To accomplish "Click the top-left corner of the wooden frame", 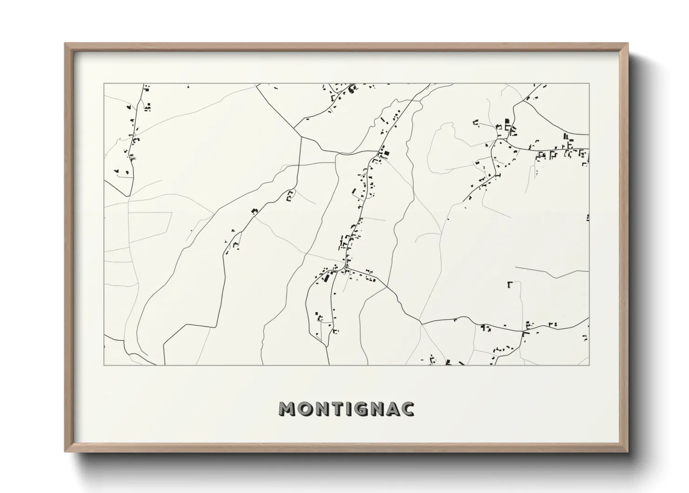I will [65, 44].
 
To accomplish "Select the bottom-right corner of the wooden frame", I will [628, 452].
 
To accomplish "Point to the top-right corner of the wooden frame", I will [628, 44].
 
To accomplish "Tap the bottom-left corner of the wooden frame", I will [65, 452].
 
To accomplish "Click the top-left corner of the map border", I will [104, 84].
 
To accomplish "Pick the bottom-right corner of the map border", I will [589, 365].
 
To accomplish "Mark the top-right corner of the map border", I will [589, 84].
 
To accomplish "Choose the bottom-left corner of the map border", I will [104, 365].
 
